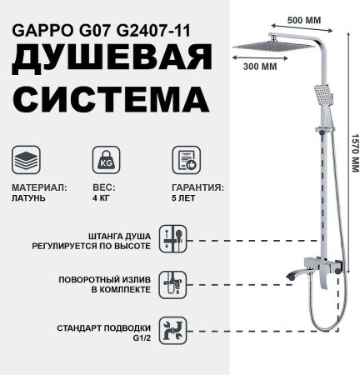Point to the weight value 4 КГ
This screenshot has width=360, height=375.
click(x=99, y=199)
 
